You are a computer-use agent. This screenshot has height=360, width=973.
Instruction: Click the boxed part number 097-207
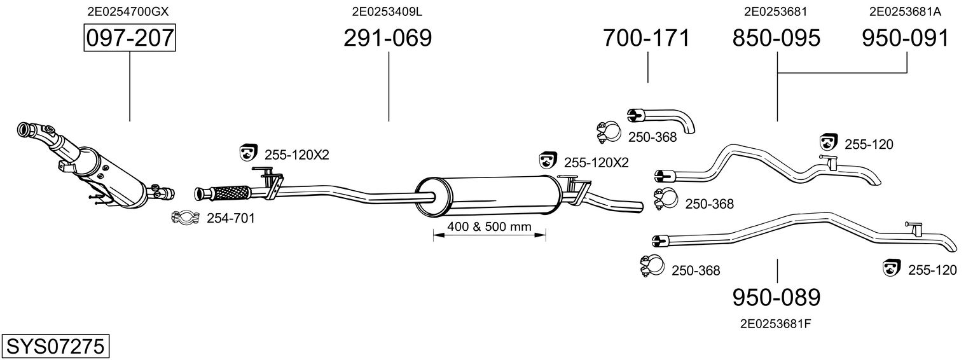pyautogui.click(x=130, y=38)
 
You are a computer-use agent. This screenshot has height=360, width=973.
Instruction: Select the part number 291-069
pyautogui.click(x=387, y=38)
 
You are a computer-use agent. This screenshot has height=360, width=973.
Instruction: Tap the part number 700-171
pyautogui.click(x=646, y=38)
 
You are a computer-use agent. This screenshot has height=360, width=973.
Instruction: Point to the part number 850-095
pyautogui.click(x=776, y=38)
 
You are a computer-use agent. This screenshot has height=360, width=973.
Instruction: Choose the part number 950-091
pyautogui.click(x=906, y=38)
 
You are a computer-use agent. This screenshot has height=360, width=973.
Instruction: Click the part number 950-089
pyautogui.click(x=776, y=297)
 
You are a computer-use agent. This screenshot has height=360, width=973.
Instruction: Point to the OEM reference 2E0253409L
pyautogui.click(x=387, y=11)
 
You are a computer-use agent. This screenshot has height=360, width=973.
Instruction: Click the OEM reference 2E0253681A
pyautogui.click(x=905, y=11)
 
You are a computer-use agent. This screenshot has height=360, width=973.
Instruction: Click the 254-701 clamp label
pyautogui.click(x=231, y=219)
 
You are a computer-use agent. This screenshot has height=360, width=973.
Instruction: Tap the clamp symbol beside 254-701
pyautogui.click(x=186, y=218)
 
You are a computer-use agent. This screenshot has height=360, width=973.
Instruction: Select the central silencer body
pyautogui.click(x=490, y=195)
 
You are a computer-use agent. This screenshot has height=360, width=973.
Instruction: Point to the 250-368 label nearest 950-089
pyautogui.click(x=696, y=270)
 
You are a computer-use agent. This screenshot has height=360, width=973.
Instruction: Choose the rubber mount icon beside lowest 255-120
pyautogui.click(x=892, y=268)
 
